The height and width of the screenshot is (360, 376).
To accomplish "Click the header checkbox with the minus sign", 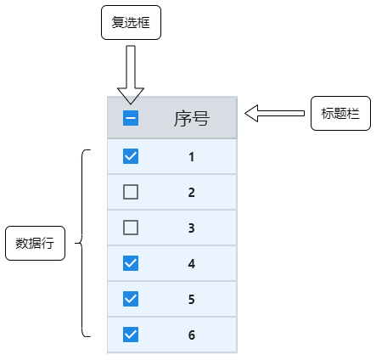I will [131, 118].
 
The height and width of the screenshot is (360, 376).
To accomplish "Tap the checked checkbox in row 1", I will [131, 156].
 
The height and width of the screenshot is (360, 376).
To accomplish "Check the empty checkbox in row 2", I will [131, 192].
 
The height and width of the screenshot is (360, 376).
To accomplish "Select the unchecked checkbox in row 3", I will [131, 228].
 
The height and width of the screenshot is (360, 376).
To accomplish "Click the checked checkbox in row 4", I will [131, 263].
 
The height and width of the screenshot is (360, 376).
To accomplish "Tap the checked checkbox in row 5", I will [131, 299].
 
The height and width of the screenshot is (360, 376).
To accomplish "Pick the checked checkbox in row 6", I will [131, 335].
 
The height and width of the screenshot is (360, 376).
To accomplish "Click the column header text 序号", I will [191, 118].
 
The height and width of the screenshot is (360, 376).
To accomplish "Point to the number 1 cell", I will [192, 157].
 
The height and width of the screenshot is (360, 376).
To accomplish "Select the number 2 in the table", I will [192, 193].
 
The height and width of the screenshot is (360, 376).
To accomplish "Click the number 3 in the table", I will [192, 228].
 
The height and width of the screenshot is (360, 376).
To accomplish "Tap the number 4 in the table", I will [192, 264].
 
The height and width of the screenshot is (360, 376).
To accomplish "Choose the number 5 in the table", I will [192, 300].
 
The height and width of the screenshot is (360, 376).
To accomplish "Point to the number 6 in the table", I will [192, 335].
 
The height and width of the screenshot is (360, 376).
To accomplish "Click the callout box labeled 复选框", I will [131, 23].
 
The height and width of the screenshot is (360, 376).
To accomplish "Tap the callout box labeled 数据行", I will [35, 243].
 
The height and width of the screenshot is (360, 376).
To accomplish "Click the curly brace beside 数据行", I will [83, 243].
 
